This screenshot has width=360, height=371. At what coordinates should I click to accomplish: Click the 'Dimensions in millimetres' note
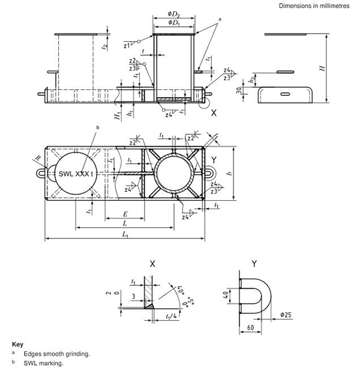[x=317, y=5]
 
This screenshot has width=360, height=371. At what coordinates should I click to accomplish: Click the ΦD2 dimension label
[x=174, y=13]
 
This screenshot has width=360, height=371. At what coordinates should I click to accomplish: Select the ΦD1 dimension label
[x=174, y=22]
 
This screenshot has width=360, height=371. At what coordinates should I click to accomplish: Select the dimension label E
[x=124, y=214]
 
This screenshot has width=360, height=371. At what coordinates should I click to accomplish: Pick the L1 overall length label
[x=124, y=236]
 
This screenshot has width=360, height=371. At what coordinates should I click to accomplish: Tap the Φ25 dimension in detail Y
[x=287, y=314]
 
